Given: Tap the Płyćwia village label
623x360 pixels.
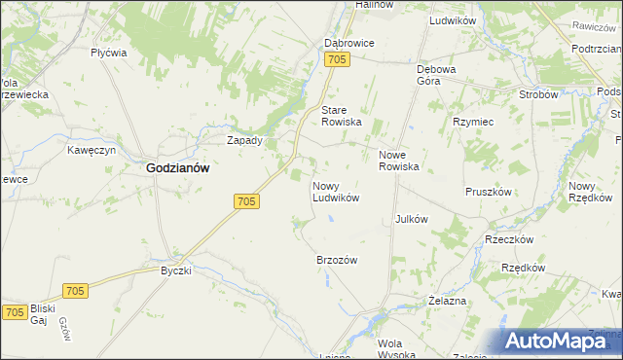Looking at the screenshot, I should tap(109, 54).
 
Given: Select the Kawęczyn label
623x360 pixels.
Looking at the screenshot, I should tap(92, 151).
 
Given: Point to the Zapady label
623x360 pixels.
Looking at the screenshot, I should tap(244, 140).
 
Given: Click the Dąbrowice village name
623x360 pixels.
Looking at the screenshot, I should tap(348, 44).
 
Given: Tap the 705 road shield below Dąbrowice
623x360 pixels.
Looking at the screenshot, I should tap(337, 61).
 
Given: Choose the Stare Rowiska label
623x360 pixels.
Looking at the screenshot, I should tap(342, 116).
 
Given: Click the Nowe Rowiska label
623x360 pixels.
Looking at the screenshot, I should tap(398, 161).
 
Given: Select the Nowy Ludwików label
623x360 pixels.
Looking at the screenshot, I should tap(336, 191).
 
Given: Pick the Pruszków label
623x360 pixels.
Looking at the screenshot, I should tap(489, 192).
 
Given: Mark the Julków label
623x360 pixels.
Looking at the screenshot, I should tap(412, 219).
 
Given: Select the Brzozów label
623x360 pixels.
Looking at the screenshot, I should tap(338, 260).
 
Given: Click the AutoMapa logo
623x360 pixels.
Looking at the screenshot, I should tap(563, 340).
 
